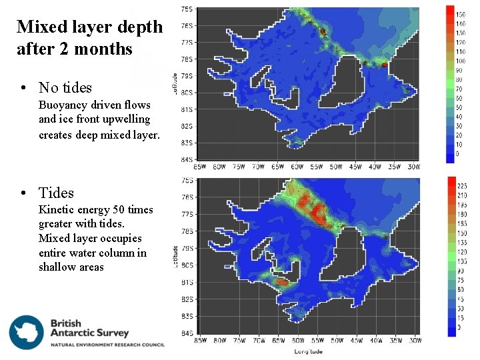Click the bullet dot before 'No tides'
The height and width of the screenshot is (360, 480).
(x=23, y=87)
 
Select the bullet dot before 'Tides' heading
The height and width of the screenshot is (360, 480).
(x=23, y=193)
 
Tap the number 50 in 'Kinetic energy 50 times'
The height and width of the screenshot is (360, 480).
(x=115, y=210)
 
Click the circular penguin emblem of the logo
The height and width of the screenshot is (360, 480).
(x=27, y=332)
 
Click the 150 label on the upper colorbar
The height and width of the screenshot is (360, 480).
(x=460, y=14)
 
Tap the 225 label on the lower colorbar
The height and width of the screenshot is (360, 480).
(x=462, y=187)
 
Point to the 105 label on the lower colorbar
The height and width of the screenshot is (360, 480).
(x=462, y=262)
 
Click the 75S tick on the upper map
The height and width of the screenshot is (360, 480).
(x=188, y=9)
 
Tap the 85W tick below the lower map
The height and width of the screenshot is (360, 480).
(x=200, y=341)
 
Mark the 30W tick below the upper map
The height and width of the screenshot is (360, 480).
(x=413, y=167)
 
